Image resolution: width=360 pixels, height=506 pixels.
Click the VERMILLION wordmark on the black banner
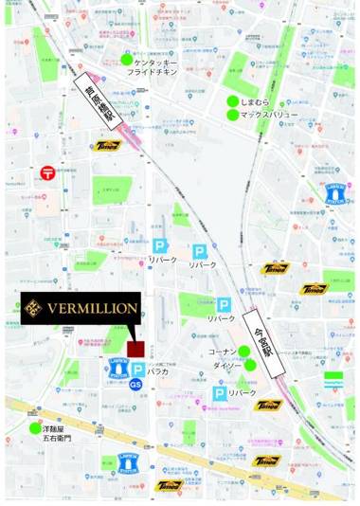pos(93,308)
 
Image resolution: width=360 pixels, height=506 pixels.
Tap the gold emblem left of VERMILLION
pos(35,308)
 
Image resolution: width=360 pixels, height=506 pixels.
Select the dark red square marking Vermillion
pos(135,348)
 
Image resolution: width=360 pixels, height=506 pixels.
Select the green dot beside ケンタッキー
pos(127,60)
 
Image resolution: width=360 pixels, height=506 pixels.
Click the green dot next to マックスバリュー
pos(232,116)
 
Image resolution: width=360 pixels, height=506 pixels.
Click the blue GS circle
pos(135,385)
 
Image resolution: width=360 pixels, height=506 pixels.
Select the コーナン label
pos(222,352)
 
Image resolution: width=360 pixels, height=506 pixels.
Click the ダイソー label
pos(225,365)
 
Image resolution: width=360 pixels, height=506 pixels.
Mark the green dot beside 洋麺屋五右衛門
pos(35,429)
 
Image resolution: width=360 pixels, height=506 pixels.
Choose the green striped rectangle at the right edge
pos(333,379)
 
